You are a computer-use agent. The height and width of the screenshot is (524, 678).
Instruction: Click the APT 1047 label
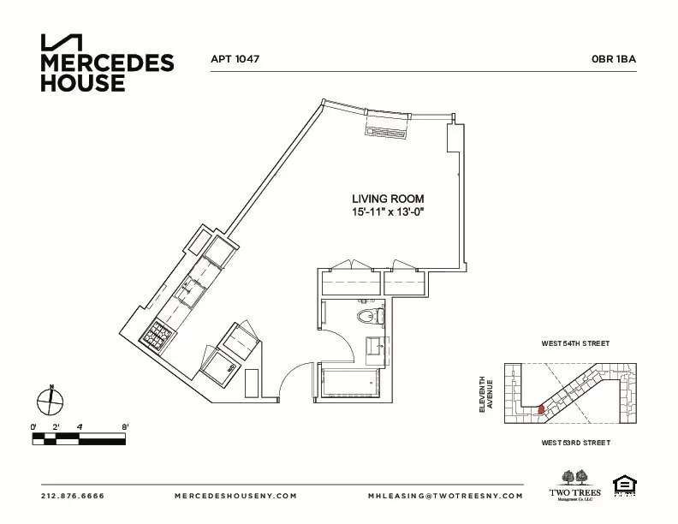pyautogui.click(x=235, y=60)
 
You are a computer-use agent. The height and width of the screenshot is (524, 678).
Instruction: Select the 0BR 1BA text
pyautogui.click(x=612, y=60)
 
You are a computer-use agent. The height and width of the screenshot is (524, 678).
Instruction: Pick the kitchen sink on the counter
pyautogui.click(x=186, y=289)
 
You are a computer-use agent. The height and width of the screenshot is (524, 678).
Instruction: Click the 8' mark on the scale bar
pyautogui.click(x=125, y=426)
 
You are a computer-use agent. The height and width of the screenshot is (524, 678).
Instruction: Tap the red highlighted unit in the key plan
pyautogui.click(x=540, y=409)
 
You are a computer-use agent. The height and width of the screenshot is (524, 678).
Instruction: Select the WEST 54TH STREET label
pyautogui.click(x=574, y=343)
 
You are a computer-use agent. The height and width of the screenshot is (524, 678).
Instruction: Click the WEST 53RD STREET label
pyautogui.click(x=574, y=443)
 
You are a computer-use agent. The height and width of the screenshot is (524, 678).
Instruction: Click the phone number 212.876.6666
pyautogui.click(x=72, y=496)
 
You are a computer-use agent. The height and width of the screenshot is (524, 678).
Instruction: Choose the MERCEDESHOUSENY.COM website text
pyautogui.click(x=235, y=496)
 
